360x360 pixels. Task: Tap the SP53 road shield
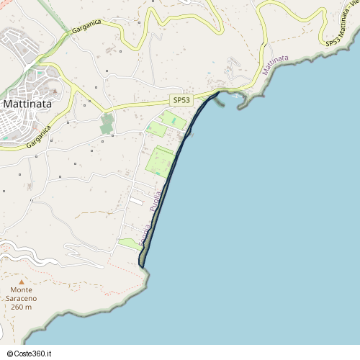tap(181, 100)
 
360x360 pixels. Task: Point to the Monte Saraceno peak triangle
tap(22, 282)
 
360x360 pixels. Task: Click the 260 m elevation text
tap(22, 307)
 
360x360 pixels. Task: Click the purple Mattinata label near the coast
tap(275, 64)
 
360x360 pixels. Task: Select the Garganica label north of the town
tap(86, 27)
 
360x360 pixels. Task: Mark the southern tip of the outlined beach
tap(142, 267)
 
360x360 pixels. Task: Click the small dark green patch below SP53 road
tap(107, 123)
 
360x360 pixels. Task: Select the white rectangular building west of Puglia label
tap(135, 202)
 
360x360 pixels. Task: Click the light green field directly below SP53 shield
tap(172, 119)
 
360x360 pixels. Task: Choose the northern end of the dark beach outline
tap(218, 92)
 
